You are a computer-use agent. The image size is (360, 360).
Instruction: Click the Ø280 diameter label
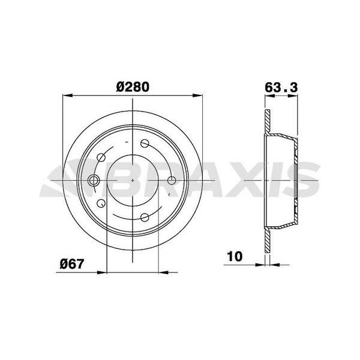click(x=132, y=86)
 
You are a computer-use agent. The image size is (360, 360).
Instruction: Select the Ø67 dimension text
click(x=72, y=262)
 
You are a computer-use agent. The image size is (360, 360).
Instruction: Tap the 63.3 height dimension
click(x=281, y=86)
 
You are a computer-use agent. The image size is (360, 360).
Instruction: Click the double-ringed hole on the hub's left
click(x=94, y=181)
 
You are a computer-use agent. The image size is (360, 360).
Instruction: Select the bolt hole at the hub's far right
click(x=172, y=181)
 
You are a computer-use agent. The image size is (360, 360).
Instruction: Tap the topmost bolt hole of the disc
click(x=144, y=143)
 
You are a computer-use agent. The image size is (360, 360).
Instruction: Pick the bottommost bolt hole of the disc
click(x=144, y=217)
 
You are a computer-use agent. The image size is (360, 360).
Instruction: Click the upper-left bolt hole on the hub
click(x=101, y=158)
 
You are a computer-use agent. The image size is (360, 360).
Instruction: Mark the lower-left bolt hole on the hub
click(x=101, y=203)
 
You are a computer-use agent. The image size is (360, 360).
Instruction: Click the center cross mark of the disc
click(x=132, y=181)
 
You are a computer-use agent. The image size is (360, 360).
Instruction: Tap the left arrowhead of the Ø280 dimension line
click(x=66, y=95)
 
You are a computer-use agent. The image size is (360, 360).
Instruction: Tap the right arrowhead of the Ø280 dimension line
click(x=198, y=95)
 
